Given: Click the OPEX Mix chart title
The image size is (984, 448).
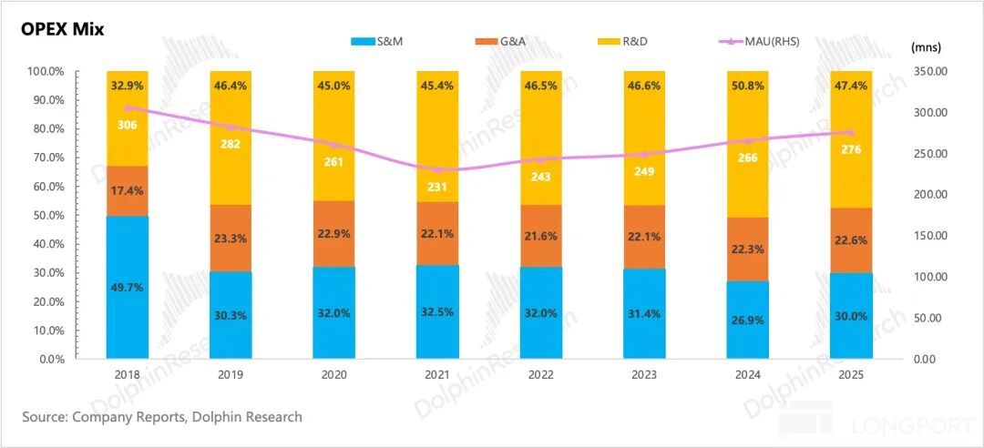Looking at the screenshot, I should pos(64,30).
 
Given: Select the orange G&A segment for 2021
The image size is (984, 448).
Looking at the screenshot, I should pos(437,233).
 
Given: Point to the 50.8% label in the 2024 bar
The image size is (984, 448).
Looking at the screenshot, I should pos(747,85).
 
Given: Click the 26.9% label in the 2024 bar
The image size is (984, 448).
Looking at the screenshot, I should pos(747,318).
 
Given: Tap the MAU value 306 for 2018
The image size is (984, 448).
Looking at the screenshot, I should pos(128,124).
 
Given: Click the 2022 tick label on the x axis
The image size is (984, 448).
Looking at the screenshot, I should pos(541,374).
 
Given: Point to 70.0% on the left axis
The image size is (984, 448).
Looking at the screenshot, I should pos(46,158).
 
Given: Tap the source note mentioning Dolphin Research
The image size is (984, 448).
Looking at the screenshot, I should pos(162,417).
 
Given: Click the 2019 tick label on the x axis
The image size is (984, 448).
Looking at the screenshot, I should pos(231,374).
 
